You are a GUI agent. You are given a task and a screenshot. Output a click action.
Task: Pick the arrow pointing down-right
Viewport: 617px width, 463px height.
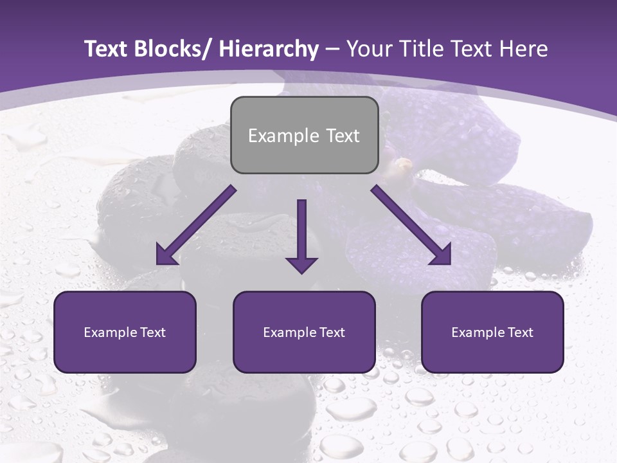tap(411, 226)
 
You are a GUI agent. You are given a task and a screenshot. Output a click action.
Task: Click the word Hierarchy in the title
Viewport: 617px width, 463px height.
tap(269, 49)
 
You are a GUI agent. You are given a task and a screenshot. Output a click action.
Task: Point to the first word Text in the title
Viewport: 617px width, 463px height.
tap(107, 49)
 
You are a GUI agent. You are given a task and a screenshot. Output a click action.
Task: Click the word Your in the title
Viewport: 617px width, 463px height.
tap(368, 49)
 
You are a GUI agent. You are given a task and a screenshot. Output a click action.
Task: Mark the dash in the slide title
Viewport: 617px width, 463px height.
tap(332, 49)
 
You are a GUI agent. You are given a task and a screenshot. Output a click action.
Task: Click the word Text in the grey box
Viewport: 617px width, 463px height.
tap(341, 136)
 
